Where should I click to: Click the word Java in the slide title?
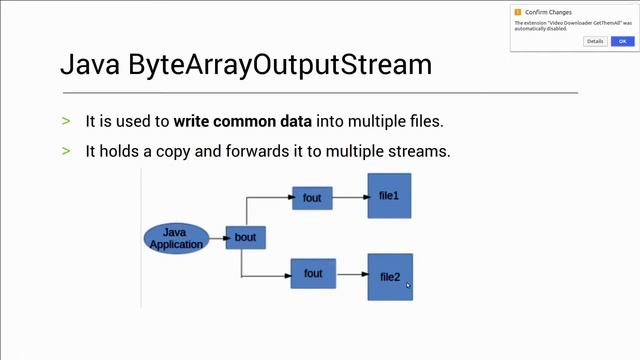click(x=90, y=66)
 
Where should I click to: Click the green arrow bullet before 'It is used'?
click(x=66, y=121)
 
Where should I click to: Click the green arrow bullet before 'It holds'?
click(x=66, y=151)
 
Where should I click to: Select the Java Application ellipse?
click(x=176, y=238)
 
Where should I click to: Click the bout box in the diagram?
click(x=245, y=238)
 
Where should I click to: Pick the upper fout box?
click(x=312, y=198)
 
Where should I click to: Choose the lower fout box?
click(x=313, y=273)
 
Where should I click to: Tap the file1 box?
click(x=389, y=196)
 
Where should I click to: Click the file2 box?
click(x=390, y=276)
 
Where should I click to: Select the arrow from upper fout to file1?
click(x=349, y=197)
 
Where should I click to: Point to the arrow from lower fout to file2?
click(x=351, y=273)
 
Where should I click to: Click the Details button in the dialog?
click(x=595, y=41)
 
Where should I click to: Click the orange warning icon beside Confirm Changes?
click(x=518, y=11)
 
